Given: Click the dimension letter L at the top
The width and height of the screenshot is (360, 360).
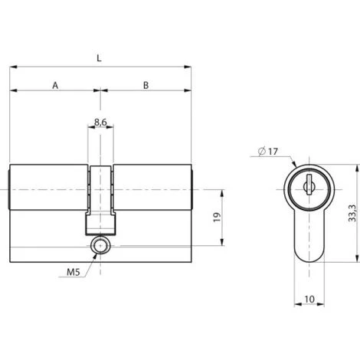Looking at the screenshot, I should (100, 57).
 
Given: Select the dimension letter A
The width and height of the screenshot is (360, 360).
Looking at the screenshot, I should (55, 85).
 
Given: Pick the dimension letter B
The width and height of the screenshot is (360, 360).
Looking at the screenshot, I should (146, 85).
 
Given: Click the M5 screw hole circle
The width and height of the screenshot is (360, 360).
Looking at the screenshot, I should (100, 246).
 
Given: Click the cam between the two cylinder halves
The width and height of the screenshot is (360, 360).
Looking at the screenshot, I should (100, 188).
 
